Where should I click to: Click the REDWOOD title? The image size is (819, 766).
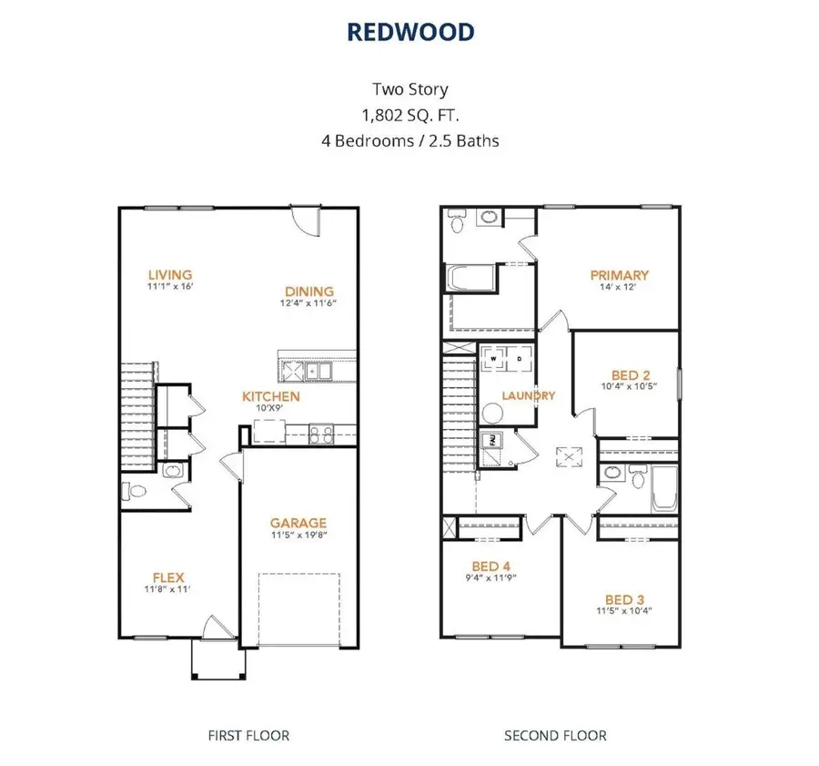pyautogui.click(x=409, y=32)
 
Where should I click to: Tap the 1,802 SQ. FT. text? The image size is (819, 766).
pyautogui.click(x=409, y=115)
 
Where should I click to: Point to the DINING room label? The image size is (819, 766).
pyautogui.click(x=308, y=291)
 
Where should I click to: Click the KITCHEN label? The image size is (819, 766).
pyautogui.click(x=270, y=396)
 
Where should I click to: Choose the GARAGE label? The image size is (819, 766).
pyautogui.click(x=298, y=523)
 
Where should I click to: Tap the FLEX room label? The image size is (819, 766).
pyautogui.click(x=169, y=577)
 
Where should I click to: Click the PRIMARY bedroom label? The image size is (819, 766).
pyautogui.click(x=619, y=275)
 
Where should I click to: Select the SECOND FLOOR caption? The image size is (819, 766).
pyautogui.click(x=555, y=735)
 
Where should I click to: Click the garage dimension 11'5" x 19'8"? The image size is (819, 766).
pyautogui.click(x=298, y=536)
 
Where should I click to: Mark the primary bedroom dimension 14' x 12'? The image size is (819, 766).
pyautogui.click(x=619, y=288)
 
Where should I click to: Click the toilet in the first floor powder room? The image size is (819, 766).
pyautogui.click(x=134, y=493)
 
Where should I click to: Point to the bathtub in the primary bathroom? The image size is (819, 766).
pyautogui.click(x=470, y=278)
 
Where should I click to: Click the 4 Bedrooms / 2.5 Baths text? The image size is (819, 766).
pyautogui.click(x=409, y=141)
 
